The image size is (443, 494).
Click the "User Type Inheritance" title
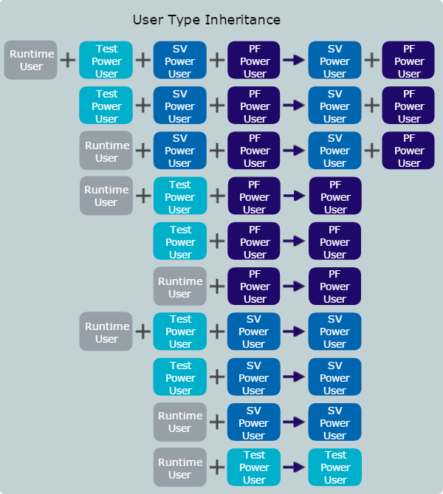point(206,20)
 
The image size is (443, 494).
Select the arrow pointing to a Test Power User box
point(294,467)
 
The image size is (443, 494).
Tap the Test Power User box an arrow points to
point(335,467)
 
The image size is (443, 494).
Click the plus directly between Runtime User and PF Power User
point(217,287)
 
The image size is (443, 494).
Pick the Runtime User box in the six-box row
point(31,60)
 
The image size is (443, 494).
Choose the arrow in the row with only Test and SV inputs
point(294,377)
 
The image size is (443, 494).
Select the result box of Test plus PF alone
point(335,241)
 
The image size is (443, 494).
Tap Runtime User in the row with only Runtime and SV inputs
point(179,422)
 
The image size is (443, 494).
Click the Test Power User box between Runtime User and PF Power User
point(180,196)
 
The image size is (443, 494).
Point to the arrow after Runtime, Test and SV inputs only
point(294,332)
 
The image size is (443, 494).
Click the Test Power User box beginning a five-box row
point(106,106)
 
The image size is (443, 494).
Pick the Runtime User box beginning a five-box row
point(106,151)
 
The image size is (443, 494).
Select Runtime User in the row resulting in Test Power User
point(179,467)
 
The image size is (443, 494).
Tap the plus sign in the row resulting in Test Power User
point(217,467)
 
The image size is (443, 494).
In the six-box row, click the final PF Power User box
point(409,61)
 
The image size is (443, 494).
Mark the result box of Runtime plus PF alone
point(335,287)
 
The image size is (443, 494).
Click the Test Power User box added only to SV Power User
point(180,377)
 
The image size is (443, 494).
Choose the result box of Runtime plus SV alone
point(335,422)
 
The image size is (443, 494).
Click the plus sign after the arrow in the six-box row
point(372,61)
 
